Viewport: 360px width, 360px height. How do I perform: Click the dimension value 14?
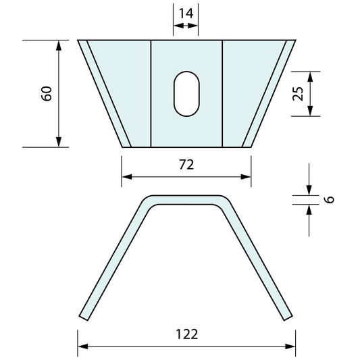[x=186, y=12]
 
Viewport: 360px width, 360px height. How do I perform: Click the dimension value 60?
[x=47, y=93]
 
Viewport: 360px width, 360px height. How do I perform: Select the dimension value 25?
[x=298, y=93]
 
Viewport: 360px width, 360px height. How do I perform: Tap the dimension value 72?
[x=186, y=165]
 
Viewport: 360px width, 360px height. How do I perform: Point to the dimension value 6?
[x=329, y=200]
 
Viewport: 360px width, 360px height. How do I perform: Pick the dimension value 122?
[x=186, y=334]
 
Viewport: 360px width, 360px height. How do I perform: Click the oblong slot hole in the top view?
[x=186, y=93]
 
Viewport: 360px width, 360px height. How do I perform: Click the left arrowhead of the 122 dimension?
[x=82, y=346]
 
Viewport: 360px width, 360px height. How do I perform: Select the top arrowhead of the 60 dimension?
[x=59, y=45]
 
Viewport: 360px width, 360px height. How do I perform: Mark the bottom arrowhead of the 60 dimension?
[x=59, y=142]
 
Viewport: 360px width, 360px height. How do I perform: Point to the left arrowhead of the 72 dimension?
[x=126, y=178]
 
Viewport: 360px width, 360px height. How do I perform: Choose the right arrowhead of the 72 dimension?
[x=247, y=178]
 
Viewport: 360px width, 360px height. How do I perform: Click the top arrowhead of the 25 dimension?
[x=310, y=76]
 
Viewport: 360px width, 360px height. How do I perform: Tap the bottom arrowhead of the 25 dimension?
[x=310, y=111]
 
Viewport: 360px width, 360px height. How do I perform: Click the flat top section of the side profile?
[x=186, y=200]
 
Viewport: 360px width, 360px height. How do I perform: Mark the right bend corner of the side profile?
[x=226, y=203]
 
